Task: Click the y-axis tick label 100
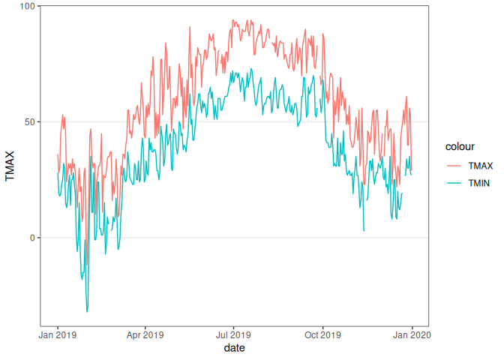coord(25,6)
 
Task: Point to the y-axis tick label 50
coord(28,121)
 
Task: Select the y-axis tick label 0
coord(31,238)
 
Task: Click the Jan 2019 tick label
coord(58,334)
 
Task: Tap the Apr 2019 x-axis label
coord(145,334)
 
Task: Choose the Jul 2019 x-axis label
coord(234,334)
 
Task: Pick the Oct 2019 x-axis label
coord(322,334)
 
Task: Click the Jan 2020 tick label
coord(411,334)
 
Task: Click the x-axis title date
coord(234,348)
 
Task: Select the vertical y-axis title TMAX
coord(10,167)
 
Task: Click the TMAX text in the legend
coord(481,166)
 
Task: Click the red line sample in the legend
coord(454,166)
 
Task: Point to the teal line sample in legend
coord(454,182)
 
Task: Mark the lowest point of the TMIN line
coord(87,311)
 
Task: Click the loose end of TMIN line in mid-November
coord(364,231)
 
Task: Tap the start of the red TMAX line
coord(58,154)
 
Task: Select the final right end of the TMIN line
coord(411,175)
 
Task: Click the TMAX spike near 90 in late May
coord(190,28)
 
